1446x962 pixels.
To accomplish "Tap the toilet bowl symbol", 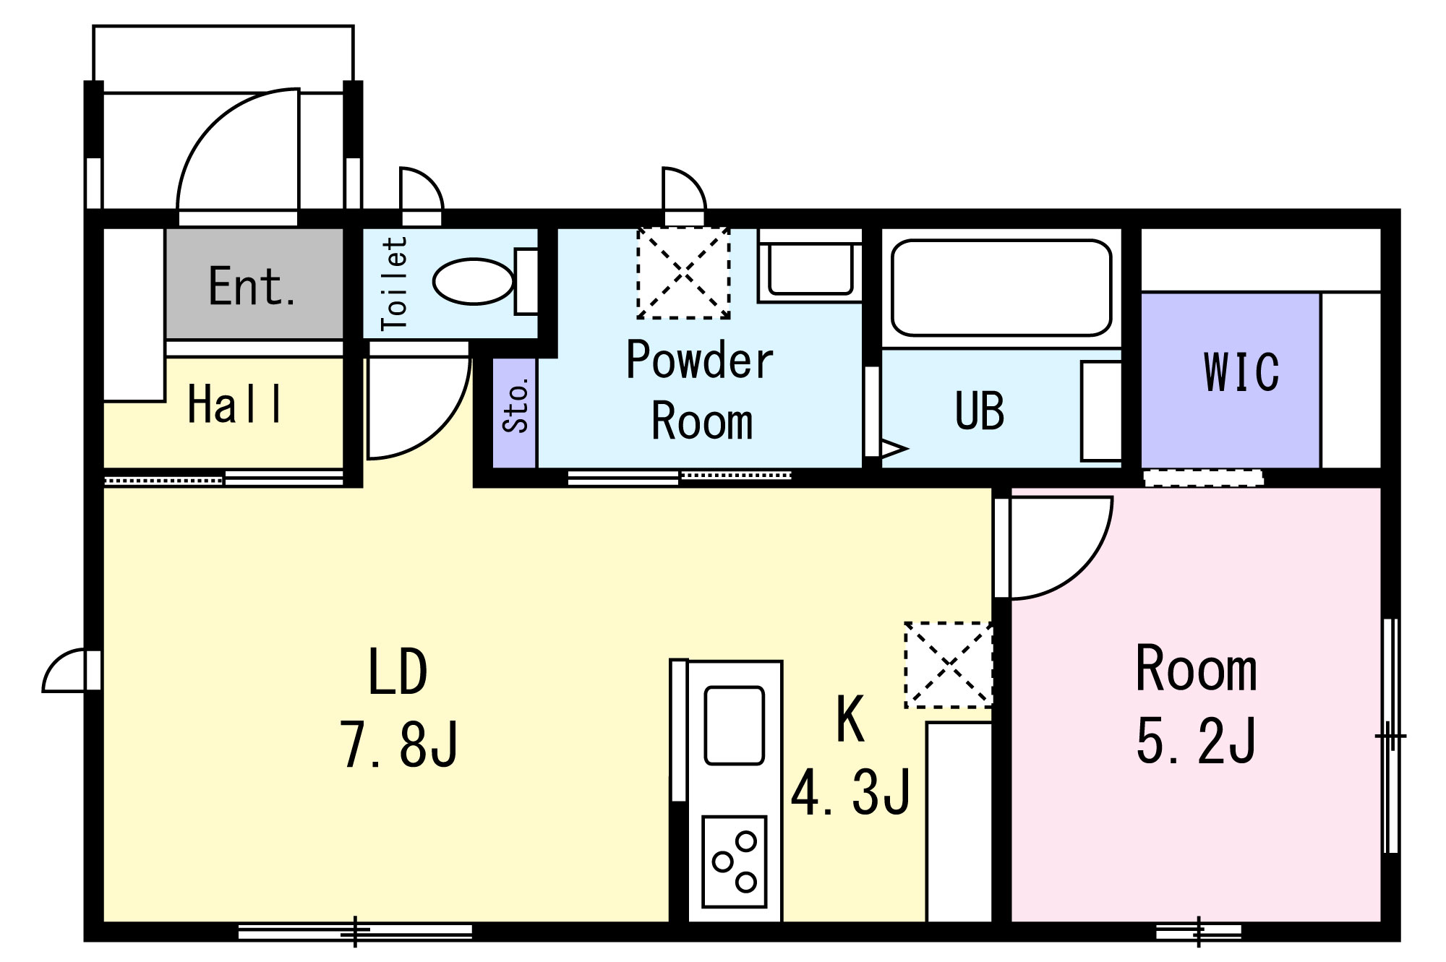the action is tap(474, 281).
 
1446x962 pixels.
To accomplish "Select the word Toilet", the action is tap(395, 283).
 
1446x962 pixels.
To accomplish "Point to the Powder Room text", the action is tap(700, 390).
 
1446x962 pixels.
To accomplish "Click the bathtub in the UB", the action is tap(1001, 288).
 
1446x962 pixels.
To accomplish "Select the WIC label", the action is tap(1241, 372).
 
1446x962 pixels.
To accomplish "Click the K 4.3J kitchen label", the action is tap(850, 755).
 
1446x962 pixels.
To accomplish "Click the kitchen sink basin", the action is tap(734, 725).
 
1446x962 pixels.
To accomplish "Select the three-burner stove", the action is tap(734, 862).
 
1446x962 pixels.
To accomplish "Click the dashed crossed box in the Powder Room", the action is tap(683, 272).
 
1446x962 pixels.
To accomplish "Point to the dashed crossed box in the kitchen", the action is tap(948, 664).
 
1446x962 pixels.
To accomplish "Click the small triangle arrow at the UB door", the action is tap(894, 449).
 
